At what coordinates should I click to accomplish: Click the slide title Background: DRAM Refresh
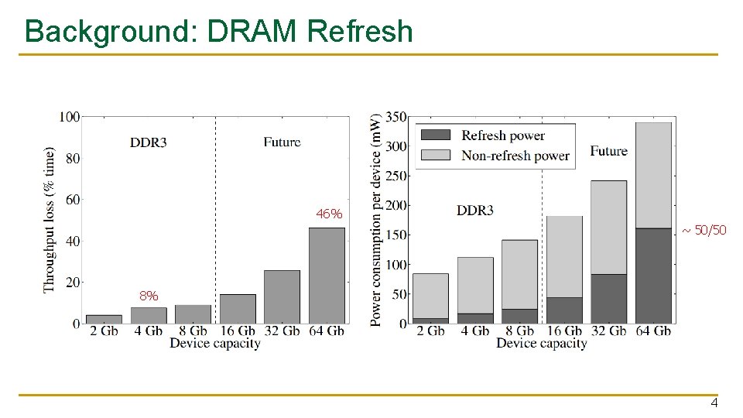pyautogui.click(x=219, y=32)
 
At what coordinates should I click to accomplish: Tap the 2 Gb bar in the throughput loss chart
pyautogui.click(x=104, y=318)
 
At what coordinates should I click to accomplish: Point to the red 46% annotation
pyautogui.click(x=329, y=214)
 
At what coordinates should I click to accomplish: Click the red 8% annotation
pyautogui.click(x=149, y=296)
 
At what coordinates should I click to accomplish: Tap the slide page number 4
pyautogui.click(x=714, y=403)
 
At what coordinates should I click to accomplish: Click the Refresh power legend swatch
pyautogui.click(x=438, y=135)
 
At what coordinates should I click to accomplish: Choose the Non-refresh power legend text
pyautogui.click(x=515, y=156)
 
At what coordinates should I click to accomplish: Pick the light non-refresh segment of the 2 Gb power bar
pyautogui.click(x=430, y=296)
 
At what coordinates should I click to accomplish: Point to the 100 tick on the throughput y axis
pyautogui.click(x=70, y=117)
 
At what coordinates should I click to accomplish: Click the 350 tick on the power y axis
pyautogui.click(x=395, y=117)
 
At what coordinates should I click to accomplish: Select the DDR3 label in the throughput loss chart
pyautogui.click(x=148, y=142)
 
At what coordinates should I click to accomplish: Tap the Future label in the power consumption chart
pyautogui.click(x=608, y=151)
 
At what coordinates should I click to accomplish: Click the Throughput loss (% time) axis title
pyautogui.click(x=50, y=219)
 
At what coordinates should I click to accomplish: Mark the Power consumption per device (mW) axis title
pyautogui.click(x=376, y=220)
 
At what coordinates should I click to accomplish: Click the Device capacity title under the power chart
pyautogui.click(x=541, y=343)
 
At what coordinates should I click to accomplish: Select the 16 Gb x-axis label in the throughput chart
pyautogui.click(x=238, y=331)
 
